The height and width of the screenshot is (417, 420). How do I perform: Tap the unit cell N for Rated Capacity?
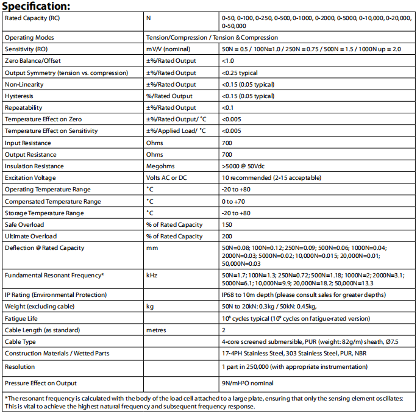[x=149, y=18]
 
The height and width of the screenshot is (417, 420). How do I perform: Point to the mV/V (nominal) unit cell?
[x=168, y=49]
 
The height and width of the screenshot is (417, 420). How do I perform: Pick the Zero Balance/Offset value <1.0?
[x=228, y=61]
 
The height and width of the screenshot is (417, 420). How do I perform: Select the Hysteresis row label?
[x=20, y=96]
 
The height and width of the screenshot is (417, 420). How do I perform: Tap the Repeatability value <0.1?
[x=228, y=108]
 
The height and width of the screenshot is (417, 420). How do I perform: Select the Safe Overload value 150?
[x=227, y=225]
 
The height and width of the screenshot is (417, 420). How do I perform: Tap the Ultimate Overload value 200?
[x=227, y=237]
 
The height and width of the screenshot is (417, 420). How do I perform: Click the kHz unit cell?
[x=152, y=276]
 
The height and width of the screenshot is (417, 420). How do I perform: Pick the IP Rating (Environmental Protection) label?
[x=57, y=295]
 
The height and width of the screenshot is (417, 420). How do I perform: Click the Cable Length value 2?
[x=224, y=330]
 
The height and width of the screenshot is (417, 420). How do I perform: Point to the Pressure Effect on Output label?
[x=41, y=383]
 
